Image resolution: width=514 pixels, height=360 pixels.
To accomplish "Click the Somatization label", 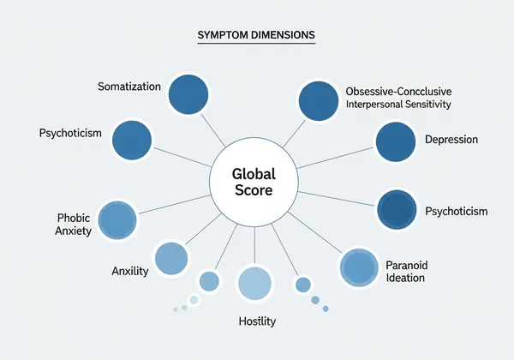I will point(128,87).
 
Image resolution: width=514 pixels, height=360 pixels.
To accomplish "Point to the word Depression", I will point(451,140).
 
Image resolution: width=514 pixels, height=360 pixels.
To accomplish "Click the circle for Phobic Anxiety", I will point(119,219).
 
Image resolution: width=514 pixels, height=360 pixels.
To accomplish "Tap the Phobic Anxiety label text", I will point(75,225).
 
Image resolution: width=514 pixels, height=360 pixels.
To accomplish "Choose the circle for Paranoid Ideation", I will point(360,268).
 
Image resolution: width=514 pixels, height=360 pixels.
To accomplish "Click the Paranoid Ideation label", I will point(406,271).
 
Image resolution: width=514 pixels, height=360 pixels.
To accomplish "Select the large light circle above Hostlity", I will point(254,284).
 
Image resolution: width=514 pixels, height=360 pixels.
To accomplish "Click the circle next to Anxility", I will point(171,258).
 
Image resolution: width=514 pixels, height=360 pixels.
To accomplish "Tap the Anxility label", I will point(130,272).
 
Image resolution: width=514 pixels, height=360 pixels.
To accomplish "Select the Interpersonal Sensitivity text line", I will point(398,104).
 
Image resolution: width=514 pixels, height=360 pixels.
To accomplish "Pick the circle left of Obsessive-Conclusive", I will point(318,100).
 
